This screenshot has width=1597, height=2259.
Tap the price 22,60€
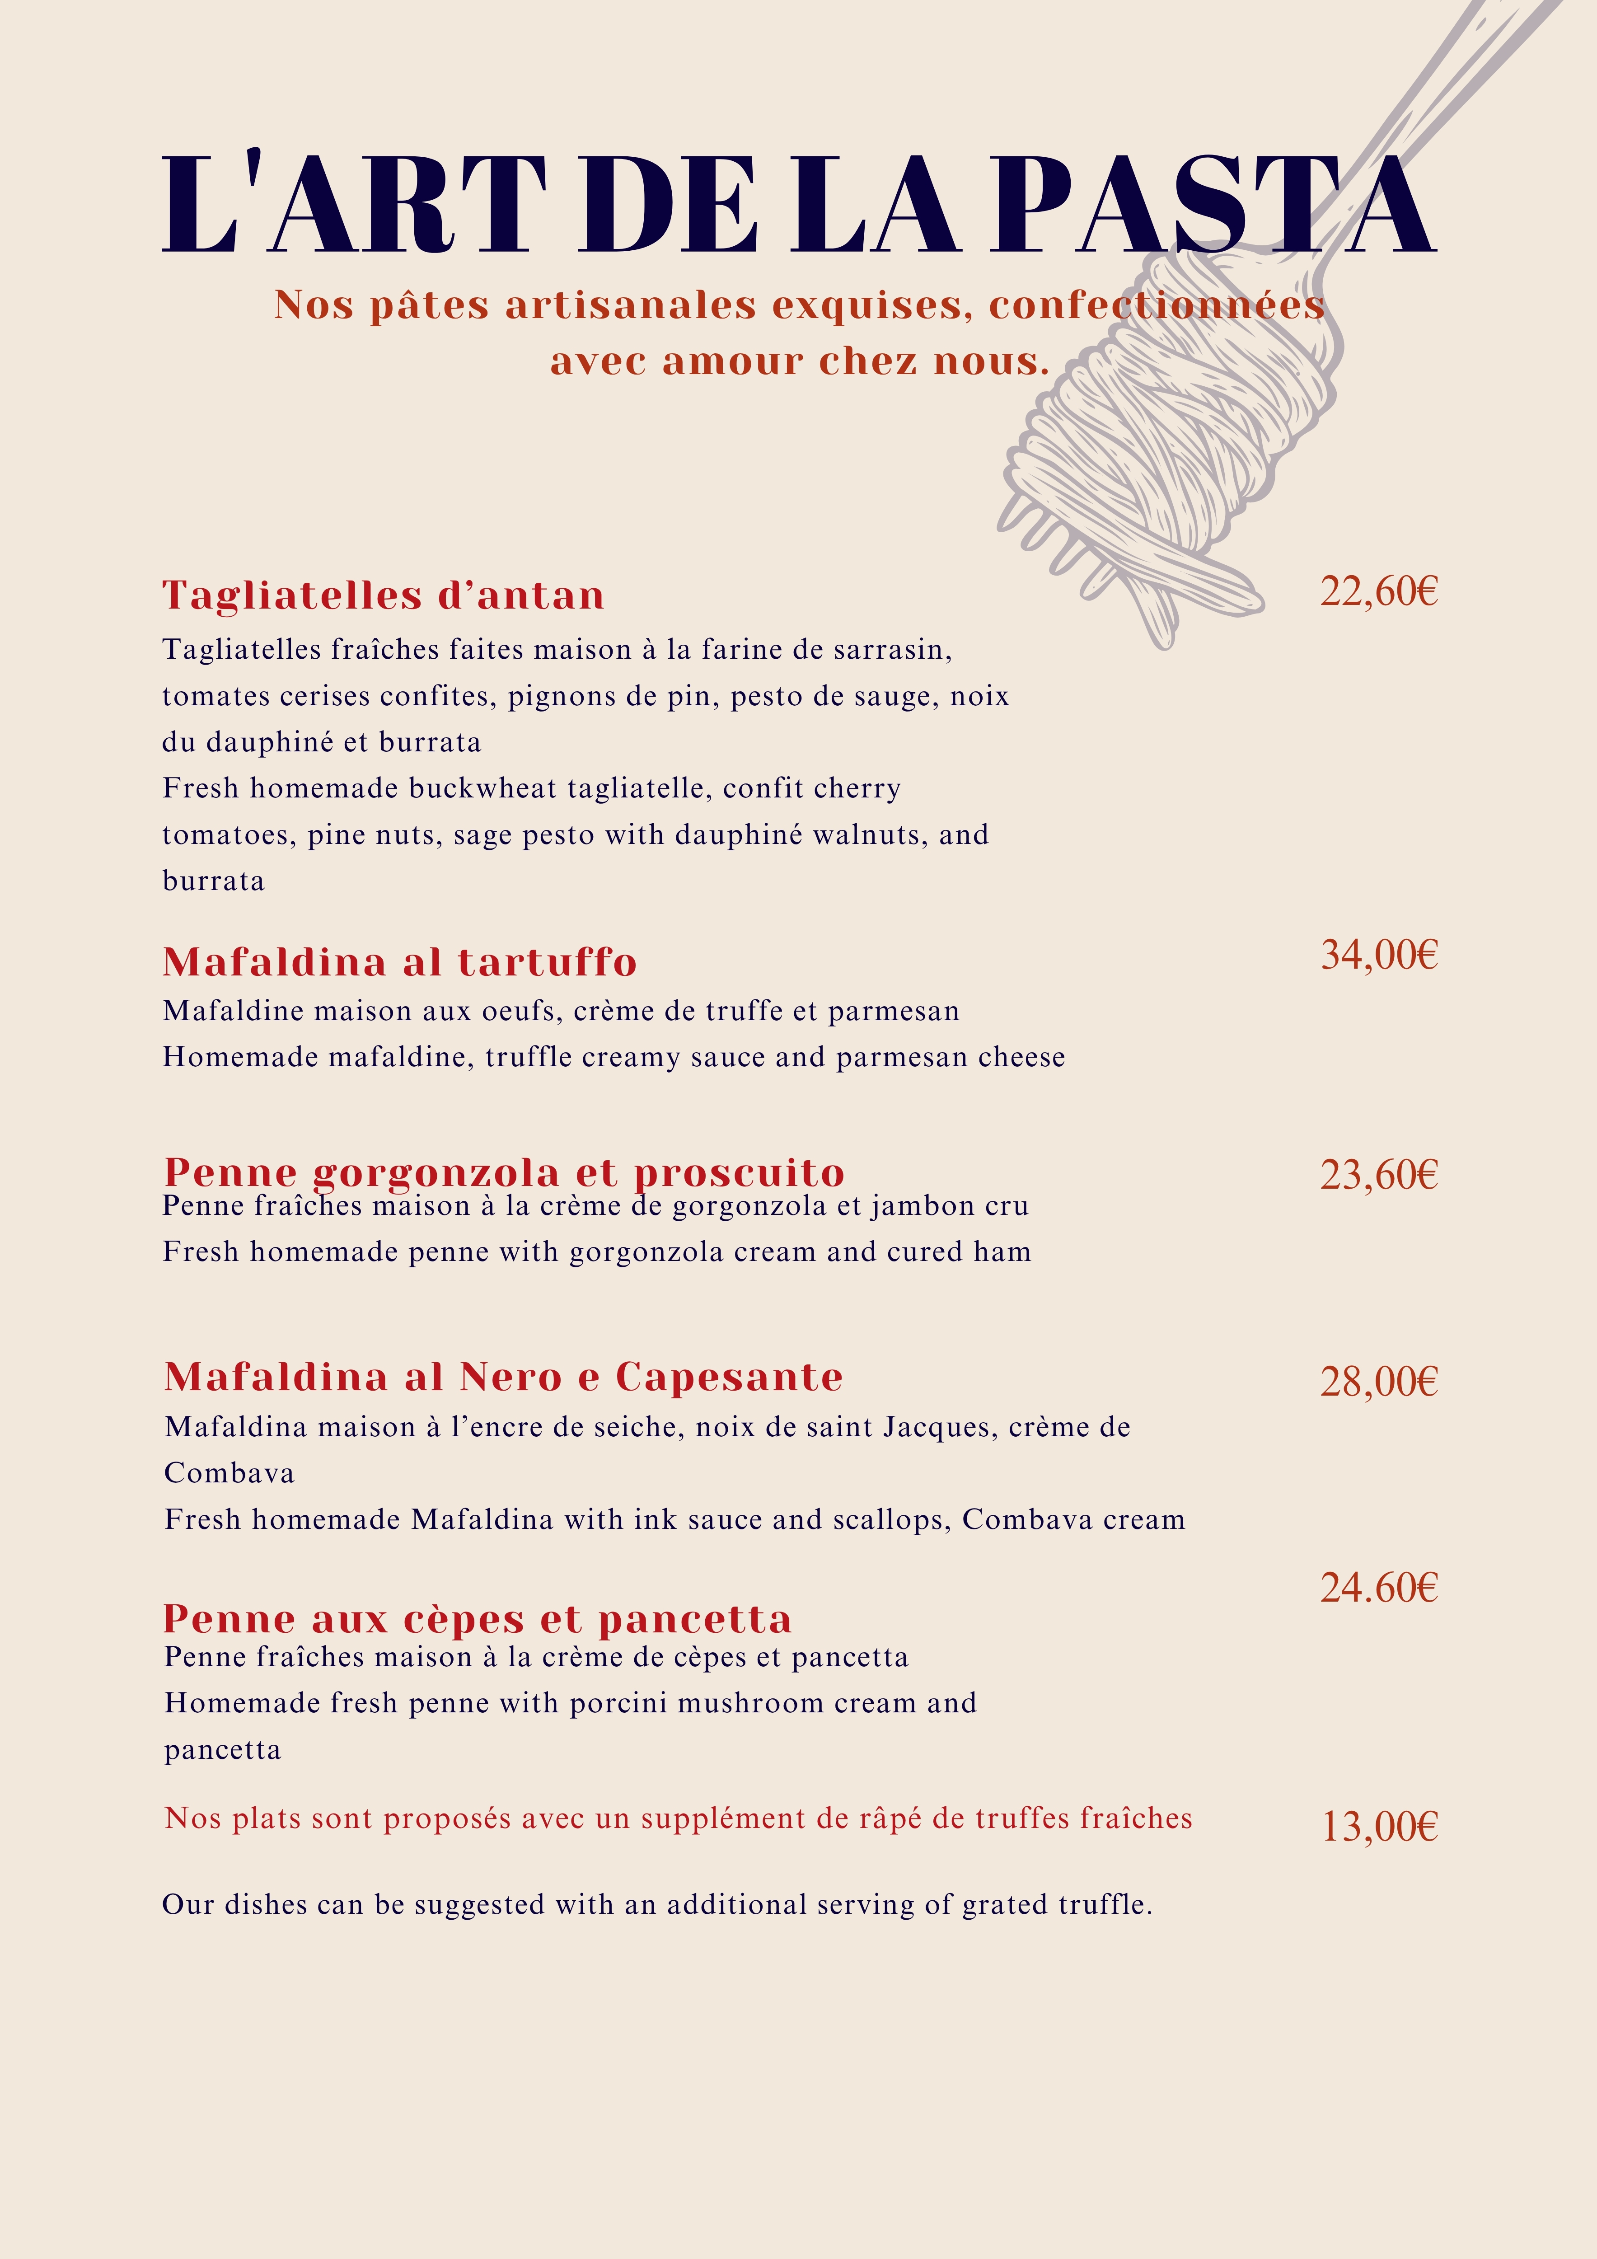(x=1378, y=591)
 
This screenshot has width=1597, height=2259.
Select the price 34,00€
(x=1378, y=954)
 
